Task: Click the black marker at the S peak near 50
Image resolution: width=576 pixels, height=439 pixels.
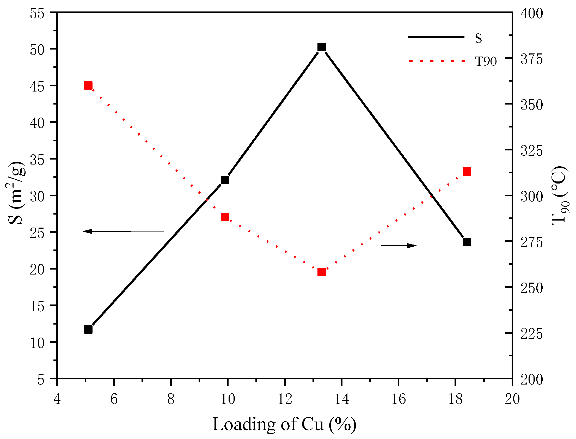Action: [x=321, y=47]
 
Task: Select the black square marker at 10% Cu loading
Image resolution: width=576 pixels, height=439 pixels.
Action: [x=225, y=180]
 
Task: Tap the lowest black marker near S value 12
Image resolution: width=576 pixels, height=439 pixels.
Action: [x=88, y=330]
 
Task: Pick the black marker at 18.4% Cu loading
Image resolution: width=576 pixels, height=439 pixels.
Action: [x=467, y=242]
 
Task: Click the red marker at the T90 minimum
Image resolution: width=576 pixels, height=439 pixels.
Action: [x=321, y=272]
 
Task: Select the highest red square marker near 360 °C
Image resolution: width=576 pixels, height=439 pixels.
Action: [x=88, y=86]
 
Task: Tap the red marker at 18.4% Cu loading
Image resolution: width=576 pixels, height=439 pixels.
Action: [x=467, y=172]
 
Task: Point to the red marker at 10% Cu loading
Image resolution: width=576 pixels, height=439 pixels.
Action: [x=225, y=217]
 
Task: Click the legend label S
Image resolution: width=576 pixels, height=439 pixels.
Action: [x=478, y=38]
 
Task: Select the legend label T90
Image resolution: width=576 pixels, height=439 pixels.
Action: [x=486, y=62]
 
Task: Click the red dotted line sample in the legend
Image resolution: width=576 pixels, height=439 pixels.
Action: [x=437, y=61]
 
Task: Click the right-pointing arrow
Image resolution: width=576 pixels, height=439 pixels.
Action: [x=398, y=245]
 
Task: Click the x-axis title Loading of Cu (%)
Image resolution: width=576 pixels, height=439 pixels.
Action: [x=284, y=424]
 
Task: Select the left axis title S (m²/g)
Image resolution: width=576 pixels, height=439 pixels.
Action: [x=16, y=193]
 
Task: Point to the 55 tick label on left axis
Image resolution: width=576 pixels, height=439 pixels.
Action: [x=37, y=14]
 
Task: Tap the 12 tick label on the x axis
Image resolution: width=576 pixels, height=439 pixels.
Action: [x=284, y=399]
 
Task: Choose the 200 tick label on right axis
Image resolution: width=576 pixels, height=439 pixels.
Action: [x=531, y=379]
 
